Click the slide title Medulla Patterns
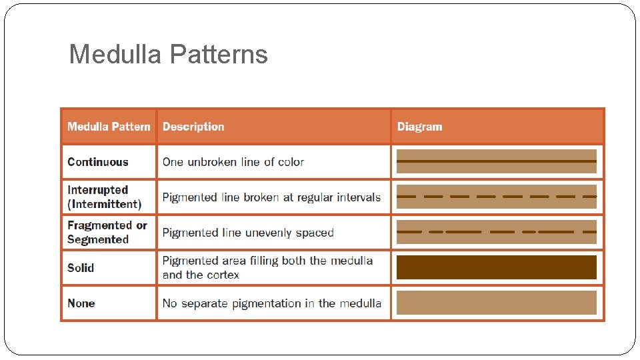(168, 54)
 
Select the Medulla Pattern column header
(109, 127)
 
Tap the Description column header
(193, 127)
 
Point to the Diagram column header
(419, 127)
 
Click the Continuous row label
(98, 162)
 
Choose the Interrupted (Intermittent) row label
(105, 197)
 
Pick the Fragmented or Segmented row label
(107, 233)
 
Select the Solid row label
(81, 268)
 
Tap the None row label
(81, 303)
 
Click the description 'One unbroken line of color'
(233, 162)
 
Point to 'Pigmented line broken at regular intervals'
(271, 197)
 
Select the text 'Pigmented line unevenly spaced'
(248, 233)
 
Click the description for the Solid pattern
(267, 268)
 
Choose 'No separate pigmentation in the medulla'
(272, 303)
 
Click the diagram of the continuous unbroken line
(497, 161)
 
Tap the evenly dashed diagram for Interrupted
(497, 197)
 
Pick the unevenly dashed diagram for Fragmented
(497, 232)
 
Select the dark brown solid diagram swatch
(497, 267)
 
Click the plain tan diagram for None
(497, 303)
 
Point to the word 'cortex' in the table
(223, 275)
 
